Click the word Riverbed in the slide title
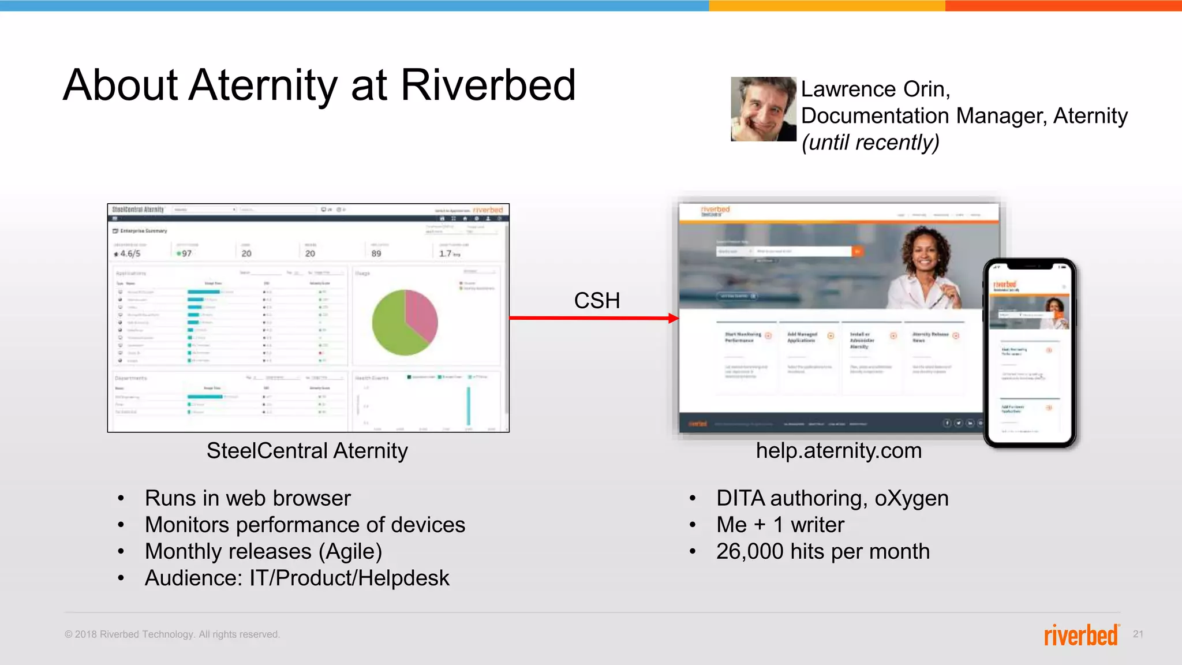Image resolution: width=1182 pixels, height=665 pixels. [x=488, y=85]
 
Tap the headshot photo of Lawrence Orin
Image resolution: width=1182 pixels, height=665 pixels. [x=763, y=109]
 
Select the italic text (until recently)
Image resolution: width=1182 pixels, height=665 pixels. [x=870, y=142]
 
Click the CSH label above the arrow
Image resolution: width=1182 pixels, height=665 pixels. [x=597, y=301]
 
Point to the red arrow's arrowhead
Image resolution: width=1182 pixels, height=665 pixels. [x=673, y=318]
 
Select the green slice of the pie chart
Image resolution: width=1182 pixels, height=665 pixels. [x=392, y=329]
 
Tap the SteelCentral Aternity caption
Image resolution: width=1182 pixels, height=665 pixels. [x=307, y=451]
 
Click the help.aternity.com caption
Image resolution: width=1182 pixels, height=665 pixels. [x=839, y=451]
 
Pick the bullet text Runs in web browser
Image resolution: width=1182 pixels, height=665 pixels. [x=248, y=498]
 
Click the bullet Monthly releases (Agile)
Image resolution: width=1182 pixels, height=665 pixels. [x=263, y=551]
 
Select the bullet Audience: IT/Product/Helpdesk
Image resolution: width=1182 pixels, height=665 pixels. [x=297, y=578]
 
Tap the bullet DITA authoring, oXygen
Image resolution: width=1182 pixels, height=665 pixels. [x=832, y=498]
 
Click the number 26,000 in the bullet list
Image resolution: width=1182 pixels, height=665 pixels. [x=750, y=551]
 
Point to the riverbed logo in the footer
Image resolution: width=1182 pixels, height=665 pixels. [x=1081, y=635]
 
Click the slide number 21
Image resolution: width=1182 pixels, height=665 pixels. [x=1138, y=634]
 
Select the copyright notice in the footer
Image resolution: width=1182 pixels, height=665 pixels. [x=172, y=634]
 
